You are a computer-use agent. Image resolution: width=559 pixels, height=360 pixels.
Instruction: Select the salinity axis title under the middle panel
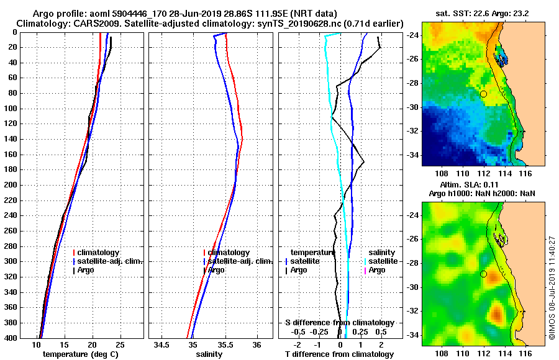pos(209,354)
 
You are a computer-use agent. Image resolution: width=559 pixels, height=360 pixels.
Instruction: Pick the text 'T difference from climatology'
pos(339,354)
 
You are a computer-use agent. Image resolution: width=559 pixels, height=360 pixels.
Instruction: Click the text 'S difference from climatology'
pos(339,323)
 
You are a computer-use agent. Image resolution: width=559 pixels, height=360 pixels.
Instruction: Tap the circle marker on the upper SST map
pos(483,94)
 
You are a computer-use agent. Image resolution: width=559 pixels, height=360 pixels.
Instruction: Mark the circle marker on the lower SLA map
pos(483,274)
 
